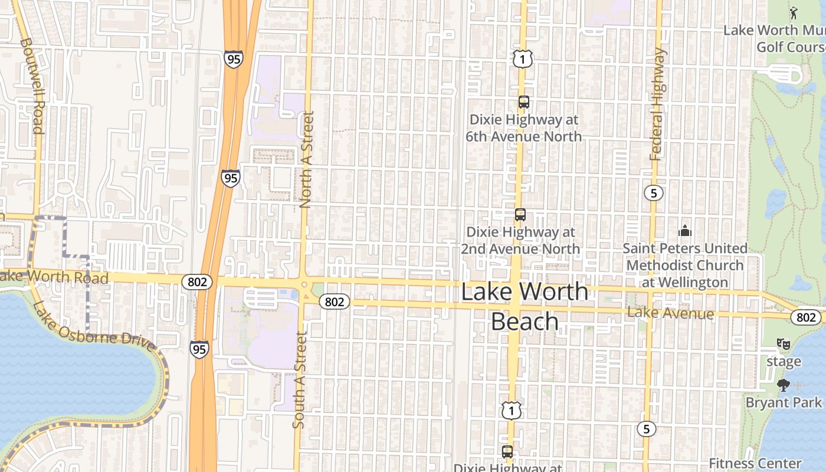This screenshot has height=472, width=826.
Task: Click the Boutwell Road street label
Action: pos(31,86)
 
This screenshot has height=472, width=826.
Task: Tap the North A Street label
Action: pos(306,160)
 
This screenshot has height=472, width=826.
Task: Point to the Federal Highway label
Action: pos(657,104)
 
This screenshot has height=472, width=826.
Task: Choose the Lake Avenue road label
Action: pos(670,313)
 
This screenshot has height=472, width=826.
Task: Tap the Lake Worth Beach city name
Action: pos(525,307)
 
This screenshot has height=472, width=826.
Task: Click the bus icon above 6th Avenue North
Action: pos(523,102)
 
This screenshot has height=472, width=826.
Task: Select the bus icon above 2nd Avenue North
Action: pos(520,215)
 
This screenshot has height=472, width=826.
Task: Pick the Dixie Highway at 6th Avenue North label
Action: pos(523,128)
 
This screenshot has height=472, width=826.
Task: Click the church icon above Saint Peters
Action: pos(684,230)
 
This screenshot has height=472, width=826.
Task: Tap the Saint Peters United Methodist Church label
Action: pos(685,265)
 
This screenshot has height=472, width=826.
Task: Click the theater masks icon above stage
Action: pos(784,343)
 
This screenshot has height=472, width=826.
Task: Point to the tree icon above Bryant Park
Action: pos(784,386)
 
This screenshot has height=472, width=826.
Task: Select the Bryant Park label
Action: pos(784,402)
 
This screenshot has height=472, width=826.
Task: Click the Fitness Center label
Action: pos(755,463)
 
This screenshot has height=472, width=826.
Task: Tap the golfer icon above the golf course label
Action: pos(794,12)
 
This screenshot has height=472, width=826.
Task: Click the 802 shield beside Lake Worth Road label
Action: pos(196,282)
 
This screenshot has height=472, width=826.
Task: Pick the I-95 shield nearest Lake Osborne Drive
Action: pos(199,349)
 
